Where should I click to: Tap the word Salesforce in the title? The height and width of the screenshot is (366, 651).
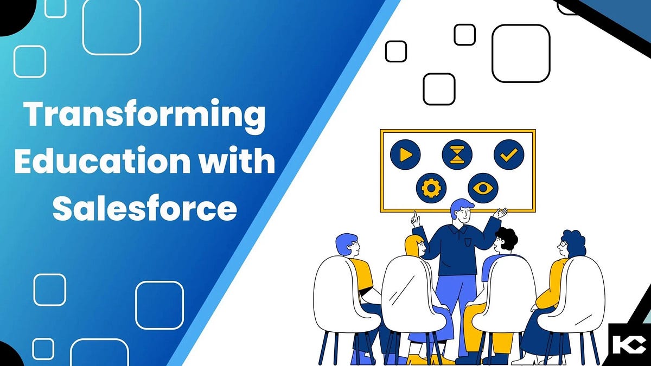tap(144, 207)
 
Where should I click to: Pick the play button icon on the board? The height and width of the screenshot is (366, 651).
tap(405, 155)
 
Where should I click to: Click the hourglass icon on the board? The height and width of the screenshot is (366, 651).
tap(457, 155)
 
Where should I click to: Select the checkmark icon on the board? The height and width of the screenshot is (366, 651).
tap(509, 155)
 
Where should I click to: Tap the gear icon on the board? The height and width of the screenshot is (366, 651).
tap(431, 188)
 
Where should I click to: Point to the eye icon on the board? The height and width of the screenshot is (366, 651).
tap(483, 188)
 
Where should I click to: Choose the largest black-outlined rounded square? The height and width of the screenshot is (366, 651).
tap(521, 53)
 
